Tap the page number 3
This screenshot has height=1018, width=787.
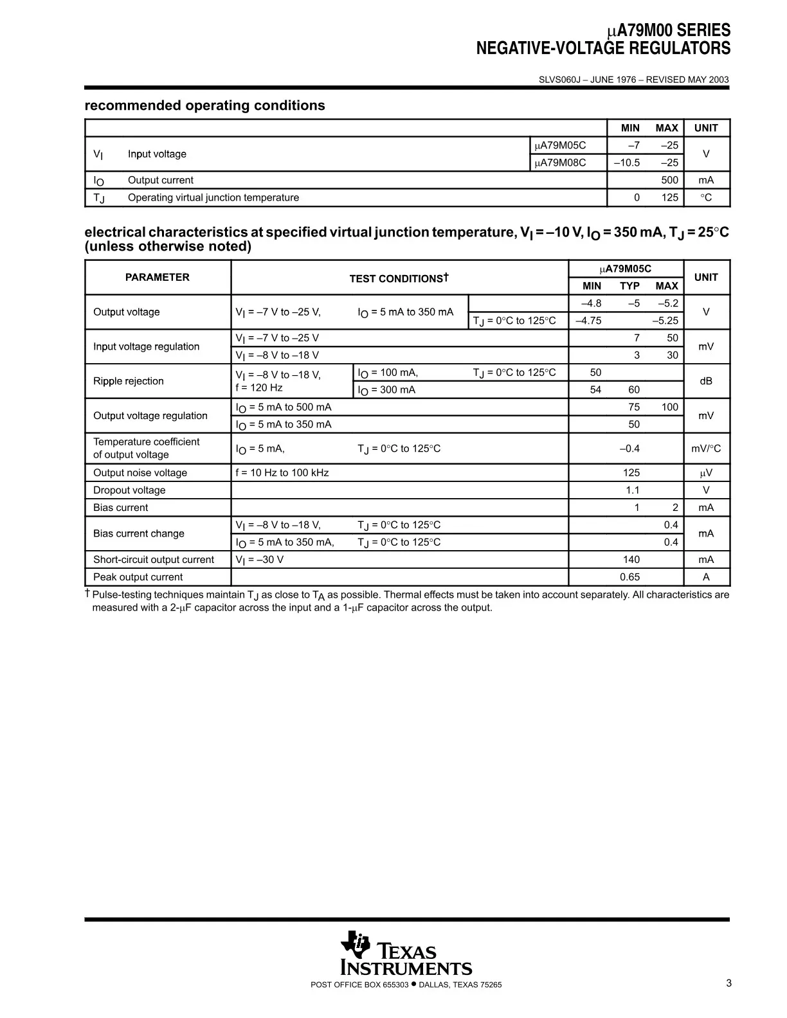pos(728,983)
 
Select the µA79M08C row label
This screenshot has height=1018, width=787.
pos(560,163)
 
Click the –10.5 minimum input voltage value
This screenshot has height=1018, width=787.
pos(627,163)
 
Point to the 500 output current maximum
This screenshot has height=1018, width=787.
pos(669,180)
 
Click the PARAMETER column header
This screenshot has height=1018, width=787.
pos(158,278)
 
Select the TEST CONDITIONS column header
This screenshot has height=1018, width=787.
pos(399,278)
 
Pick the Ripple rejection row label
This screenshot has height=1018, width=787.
pos(129,381)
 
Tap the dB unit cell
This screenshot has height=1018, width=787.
pos(706,381)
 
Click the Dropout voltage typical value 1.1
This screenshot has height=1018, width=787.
pos(633,490)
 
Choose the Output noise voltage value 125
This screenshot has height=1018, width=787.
pos(631,473)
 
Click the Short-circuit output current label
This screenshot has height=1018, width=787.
pos(154,560)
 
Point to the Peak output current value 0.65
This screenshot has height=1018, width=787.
pos(629,577)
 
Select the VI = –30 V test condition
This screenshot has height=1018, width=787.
pos(260,560)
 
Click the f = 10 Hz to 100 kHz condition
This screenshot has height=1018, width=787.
pos(282,473)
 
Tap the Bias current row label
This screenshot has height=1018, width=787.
pos(121,508)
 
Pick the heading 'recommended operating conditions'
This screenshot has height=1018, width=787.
pos(205,105)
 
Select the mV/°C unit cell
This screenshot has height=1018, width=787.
pos(706,449)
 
